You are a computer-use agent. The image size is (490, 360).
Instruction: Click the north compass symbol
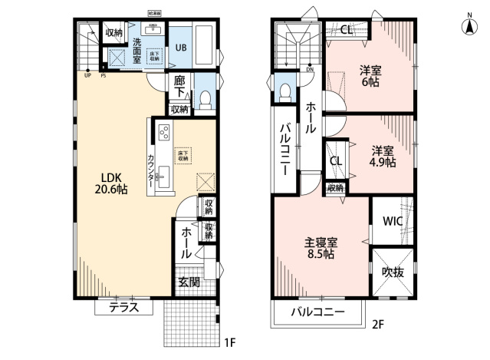point(467,25)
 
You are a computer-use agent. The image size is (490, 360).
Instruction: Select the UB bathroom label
point(180,47)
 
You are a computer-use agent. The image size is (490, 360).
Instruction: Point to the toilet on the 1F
point(204,97)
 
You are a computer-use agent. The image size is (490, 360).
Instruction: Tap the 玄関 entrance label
point(189,282)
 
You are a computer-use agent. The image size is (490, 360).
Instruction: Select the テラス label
point(123,307)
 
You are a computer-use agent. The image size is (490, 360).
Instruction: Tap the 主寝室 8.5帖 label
point(321,248)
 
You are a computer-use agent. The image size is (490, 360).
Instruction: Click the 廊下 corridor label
point(179,87)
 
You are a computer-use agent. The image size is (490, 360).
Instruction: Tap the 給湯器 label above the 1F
point(154,14)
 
